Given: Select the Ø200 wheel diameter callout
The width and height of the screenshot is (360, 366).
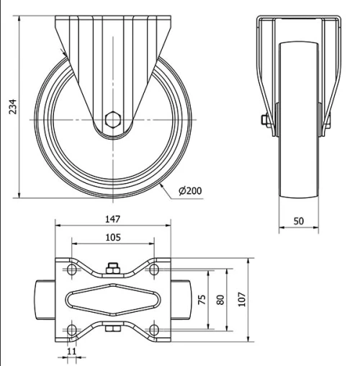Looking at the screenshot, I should pos(189,190).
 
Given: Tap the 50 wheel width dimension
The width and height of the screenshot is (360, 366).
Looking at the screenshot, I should pos(298,221).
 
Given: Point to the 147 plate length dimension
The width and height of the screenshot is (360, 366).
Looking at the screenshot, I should pos(112,218).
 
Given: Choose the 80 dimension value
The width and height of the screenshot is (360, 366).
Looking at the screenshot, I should pos(222,299).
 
